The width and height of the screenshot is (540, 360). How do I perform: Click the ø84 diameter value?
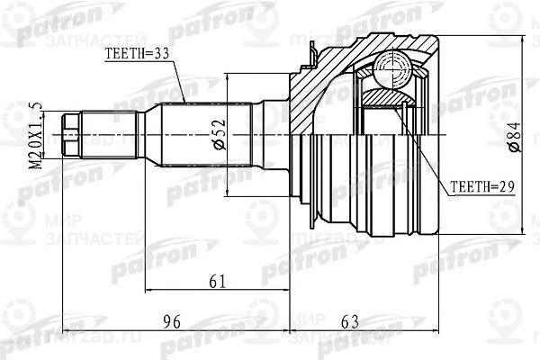513,134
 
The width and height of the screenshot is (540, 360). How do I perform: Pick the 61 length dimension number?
216,282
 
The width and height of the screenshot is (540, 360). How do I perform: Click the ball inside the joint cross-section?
391,67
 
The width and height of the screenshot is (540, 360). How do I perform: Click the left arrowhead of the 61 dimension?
146,292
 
